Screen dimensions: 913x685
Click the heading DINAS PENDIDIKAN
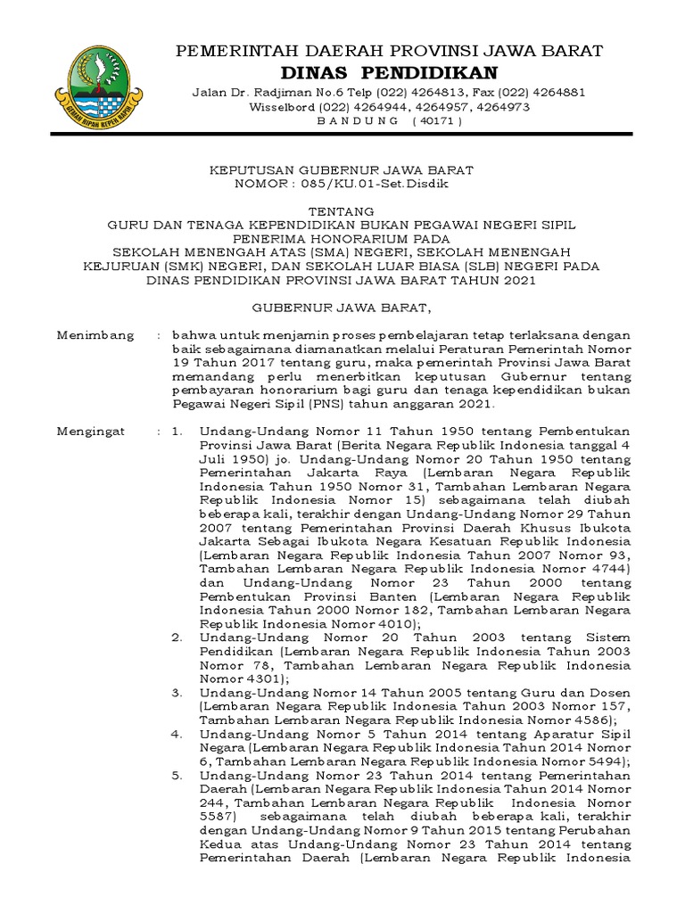391,71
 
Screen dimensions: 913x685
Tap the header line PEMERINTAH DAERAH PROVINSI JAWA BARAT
391,48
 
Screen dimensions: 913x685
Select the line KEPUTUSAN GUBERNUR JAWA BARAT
342,169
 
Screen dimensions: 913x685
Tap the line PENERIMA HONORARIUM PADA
342,240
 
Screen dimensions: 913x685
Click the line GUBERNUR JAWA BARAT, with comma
342,308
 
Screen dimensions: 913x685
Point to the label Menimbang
95,335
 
